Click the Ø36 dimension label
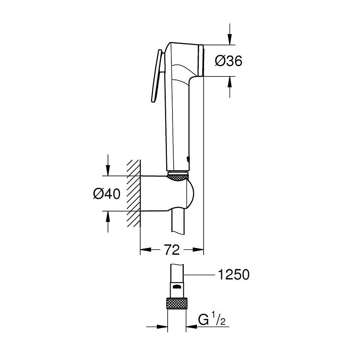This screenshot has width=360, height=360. coord(229,61)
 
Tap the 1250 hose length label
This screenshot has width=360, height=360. coord(233,275)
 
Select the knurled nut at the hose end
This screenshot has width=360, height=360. coord(177,303)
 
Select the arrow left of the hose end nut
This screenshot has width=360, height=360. coord(161,327)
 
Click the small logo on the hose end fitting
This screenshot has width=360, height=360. coord(177,287)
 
